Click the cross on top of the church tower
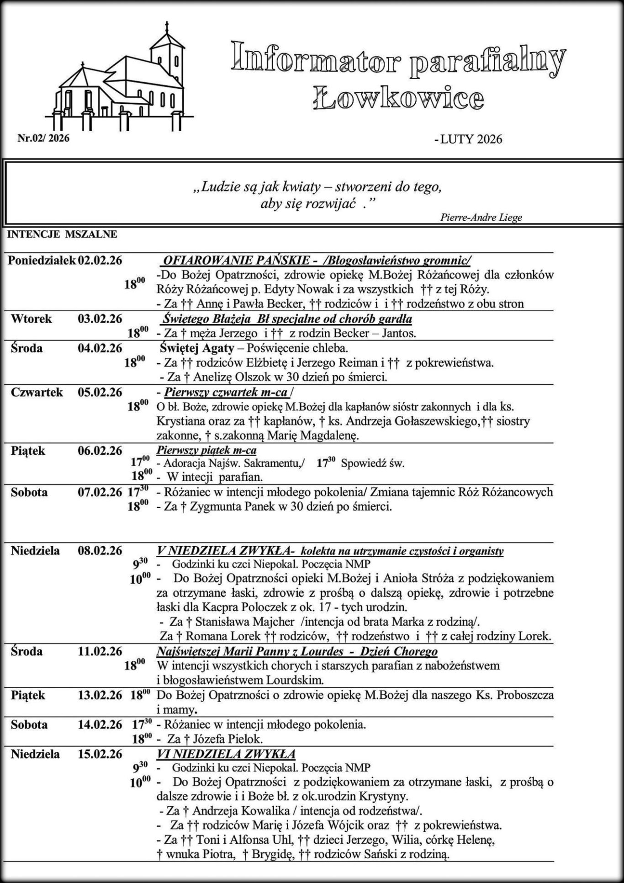pyautogui.click(x=167, y=27)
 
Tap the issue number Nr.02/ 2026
pyautogui.click(x=43, y=138)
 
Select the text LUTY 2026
pyautogui.click(x=471, y=139)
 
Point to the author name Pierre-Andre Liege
pyautogui.click(x=481, y=218)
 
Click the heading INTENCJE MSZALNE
pyautogui.click(x=62, y=234)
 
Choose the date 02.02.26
pyautogui.click(x=100, y=261)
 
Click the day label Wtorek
pyautogui.click(x=32, y=319)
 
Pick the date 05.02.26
pyautogui.click(x=100, y=392)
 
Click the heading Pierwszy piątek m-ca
pyautogui.click(x=206, y=451)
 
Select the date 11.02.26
pyautogui.click(x=100, y=651)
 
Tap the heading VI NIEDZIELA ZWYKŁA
pyautogui.click(x=226, y=754)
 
